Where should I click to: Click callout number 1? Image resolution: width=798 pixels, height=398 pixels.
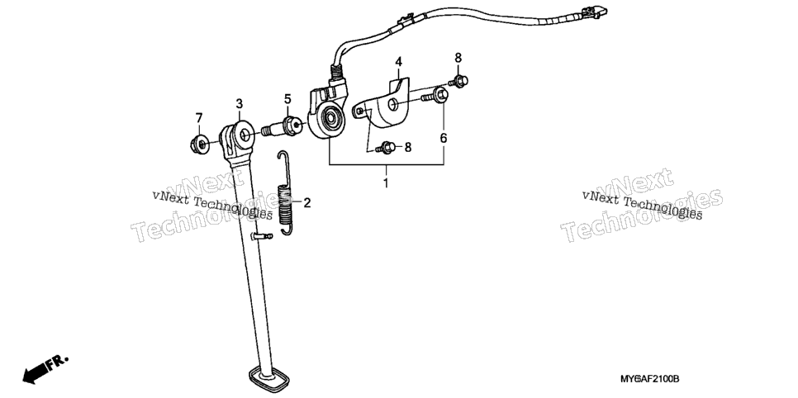click(386, 182)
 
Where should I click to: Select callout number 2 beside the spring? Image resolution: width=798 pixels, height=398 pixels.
click(306, 203)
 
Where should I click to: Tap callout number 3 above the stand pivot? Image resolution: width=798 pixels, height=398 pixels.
click(240, 104)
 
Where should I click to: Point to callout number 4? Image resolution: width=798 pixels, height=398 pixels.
click(398, 62)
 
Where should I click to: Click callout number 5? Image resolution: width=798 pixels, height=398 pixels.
click(287, 99)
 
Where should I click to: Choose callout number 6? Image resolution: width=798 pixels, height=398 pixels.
click(444, 137)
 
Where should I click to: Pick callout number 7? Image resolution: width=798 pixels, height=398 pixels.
click(199, 118)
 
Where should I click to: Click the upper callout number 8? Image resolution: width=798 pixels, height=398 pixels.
click(458, 57)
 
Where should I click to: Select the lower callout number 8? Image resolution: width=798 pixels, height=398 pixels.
click(407, 148)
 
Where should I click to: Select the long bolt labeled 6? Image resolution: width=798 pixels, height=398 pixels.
click(435, 95)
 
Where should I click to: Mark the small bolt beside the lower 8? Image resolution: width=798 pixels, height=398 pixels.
click(386, 148)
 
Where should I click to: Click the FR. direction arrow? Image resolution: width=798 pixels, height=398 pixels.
click(45, 369)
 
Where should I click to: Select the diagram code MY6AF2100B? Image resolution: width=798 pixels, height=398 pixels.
click(650, 379)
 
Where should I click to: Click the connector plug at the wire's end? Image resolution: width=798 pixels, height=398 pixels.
click(595, 12)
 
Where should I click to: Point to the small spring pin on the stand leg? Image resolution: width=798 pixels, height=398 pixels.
click(262, 235)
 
